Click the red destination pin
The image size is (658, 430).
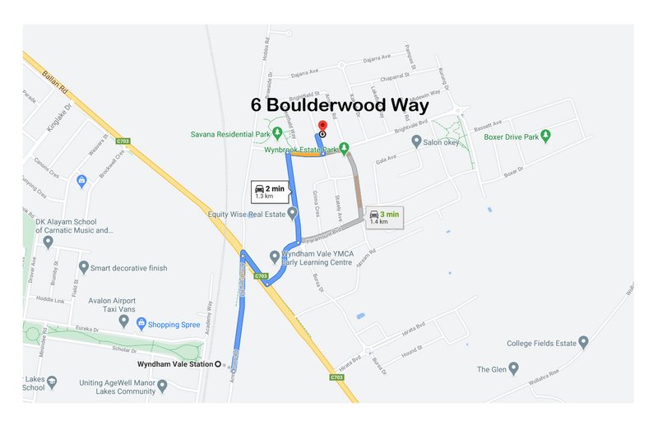coord(322,126)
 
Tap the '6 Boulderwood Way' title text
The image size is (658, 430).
coord(340,106)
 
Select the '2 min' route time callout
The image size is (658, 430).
coord(270,192)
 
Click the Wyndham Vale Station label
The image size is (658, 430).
coord(177,363)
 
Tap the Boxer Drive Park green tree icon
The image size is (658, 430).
coord(545,135)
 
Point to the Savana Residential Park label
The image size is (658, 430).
coord(229,134)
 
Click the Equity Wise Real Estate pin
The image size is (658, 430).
coord(292,214)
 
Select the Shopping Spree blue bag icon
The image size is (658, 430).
coord(141,324)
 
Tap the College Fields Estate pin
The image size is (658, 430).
coord(583,342)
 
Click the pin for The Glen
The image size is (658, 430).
coord(513,369)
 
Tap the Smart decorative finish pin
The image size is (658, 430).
coord(83,267)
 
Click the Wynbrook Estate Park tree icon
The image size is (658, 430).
coord(344,149)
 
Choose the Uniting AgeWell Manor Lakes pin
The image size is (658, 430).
coord(162,385)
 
